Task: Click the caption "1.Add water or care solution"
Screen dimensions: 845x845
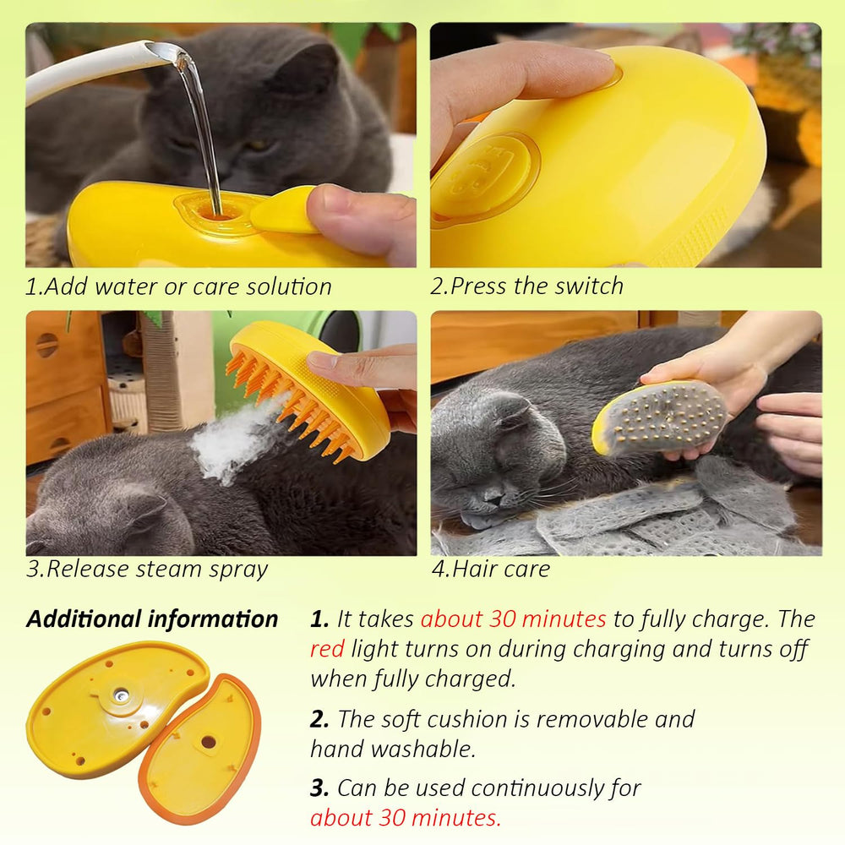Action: click(x=178, y=286)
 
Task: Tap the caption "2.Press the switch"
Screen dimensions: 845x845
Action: click(x=527, y=286)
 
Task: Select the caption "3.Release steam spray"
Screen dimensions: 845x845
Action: click(x=147, y=569)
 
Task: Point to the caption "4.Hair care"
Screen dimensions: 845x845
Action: click(x=491, y=569)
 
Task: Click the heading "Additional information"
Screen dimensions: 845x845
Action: click(x=152, y=619)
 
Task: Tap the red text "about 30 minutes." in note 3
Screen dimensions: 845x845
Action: click(x=406, y=818)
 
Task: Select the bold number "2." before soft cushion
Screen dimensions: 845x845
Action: click(x=320, y=719)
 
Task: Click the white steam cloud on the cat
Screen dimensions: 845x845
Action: click(x=228, y=439)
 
